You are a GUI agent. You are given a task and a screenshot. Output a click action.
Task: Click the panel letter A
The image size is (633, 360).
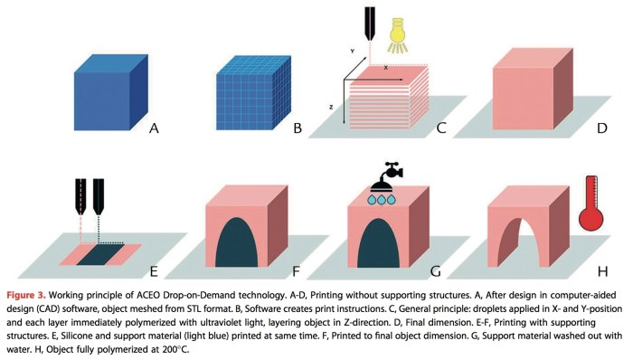[154, 128]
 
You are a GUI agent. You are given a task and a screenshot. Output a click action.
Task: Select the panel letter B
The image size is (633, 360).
[298, 128]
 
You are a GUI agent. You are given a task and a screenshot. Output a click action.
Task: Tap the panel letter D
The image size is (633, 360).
[602, 128]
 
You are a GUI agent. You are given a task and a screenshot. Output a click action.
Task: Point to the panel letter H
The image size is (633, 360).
[603, 271]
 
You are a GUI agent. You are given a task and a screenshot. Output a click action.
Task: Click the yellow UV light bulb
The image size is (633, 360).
[397, 35]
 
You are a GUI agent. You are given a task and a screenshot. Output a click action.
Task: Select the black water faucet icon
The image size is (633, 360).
[387, 176]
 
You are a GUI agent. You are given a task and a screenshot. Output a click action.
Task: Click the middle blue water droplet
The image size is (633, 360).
[381, 199]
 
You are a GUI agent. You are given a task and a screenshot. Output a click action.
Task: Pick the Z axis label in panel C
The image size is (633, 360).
[331, 107]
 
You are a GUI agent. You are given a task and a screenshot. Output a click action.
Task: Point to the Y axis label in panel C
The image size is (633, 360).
[353, 52]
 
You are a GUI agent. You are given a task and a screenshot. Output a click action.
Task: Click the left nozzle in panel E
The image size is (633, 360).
[80, 196]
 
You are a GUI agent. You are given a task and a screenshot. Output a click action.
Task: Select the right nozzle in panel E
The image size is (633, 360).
[99, 196]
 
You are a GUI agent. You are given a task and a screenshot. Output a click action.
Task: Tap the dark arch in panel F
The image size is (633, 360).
[237, 242]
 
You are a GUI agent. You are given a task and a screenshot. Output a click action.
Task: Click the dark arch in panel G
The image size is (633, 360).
[379, 242]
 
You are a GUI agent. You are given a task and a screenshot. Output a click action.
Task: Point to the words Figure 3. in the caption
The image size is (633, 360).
[26, 296]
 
